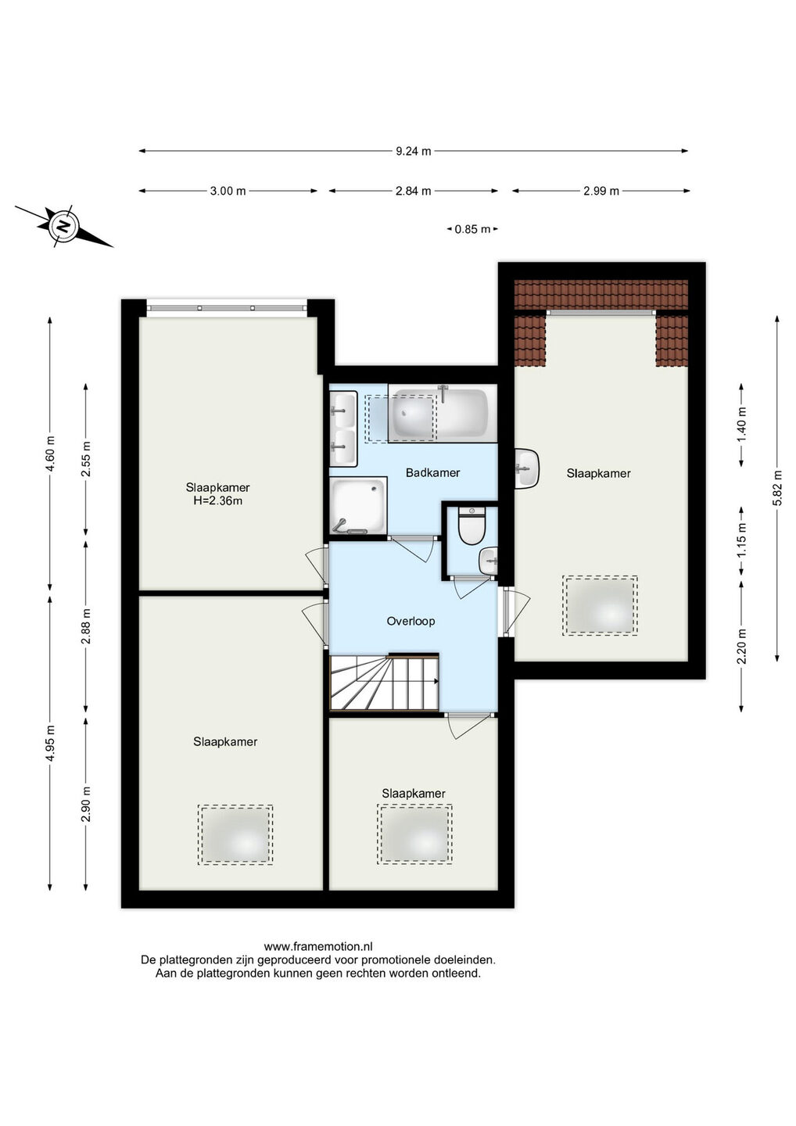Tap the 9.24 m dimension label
(413, 151)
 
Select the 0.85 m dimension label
(472, 230)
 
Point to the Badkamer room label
(432, 472)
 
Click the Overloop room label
(411, 621)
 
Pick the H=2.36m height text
(217, 500)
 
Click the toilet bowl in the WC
(472, 525)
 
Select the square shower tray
(358, 505)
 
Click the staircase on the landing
(384, 681)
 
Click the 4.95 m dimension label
(50, 744)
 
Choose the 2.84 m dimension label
(413, 191)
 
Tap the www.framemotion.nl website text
(318, 946)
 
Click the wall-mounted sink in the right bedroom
(527, 468)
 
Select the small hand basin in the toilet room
(489, 561)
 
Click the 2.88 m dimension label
(86, 626)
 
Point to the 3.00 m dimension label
(228, 191)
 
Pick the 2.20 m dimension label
(741, 647)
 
